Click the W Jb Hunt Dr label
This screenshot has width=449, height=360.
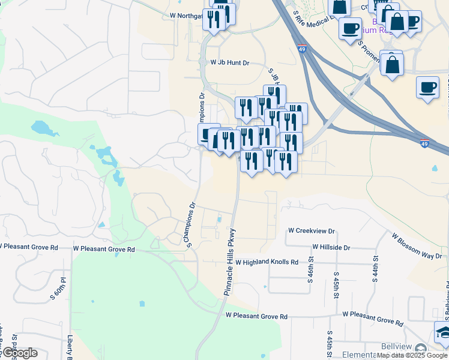pyautogui.click(x=229, y=62)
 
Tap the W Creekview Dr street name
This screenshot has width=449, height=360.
pyautogui.click(x=311, y=230)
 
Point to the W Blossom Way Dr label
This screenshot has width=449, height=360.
pyautogui.click(x=417, y=247)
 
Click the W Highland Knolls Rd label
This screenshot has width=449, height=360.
pyautogui.click(x=267, y=262)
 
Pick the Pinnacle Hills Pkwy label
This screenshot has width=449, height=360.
pyautogui.click(x=231, y=262)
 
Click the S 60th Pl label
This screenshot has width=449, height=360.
pyautogui.click(x=61, y=281)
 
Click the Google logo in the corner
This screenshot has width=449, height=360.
pyautogui.click(x=19, y=353)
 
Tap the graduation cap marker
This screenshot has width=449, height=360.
pyautogui.click(x=442, y=332)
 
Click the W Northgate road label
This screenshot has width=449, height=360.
pyautogui.click(x=176, y=16)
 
